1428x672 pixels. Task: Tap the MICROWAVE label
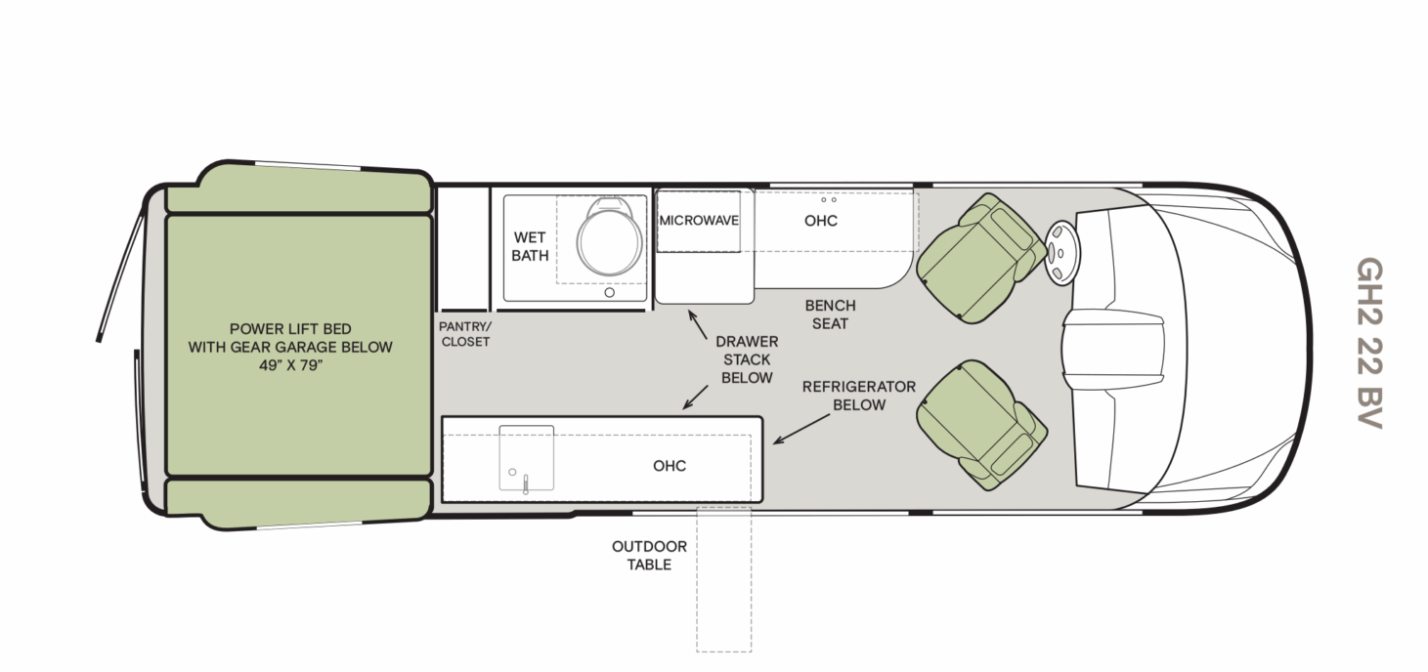pos(698,220)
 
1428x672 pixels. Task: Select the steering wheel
pos(1062,251)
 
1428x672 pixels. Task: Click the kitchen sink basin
pos(527,457)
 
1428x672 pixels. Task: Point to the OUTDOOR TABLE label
pos(649,555)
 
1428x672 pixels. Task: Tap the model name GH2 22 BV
pos(1371,343)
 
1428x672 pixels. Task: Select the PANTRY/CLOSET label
pos(465,334)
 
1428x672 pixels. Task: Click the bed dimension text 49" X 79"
pos(290,364)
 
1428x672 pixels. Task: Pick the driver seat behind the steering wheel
pos(980,258)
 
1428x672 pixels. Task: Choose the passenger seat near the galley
pos(979,424)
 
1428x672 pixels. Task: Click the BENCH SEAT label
pos(829,314)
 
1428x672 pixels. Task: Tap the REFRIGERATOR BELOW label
pos(858,395)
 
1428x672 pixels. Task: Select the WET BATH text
pos(529,246)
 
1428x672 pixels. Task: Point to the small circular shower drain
pos(610,291)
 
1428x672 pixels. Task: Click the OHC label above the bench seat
pos(821,220)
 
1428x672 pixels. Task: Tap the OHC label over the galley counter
pos(670,465)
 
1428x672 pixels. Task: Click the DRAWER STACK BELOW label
pos(747,359)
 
